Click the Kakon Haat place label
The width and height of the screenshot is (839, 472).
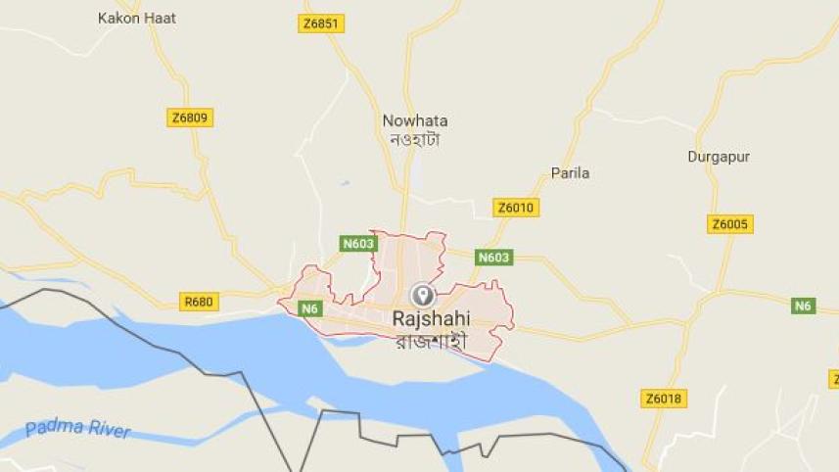pyautogui.click(x=137, y=18)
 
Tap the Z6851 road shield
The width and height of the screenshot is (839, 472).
pyautogui.click(x=321, y=24)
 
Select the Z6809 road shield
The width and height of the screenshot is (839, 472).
pyautogui.click(x=190, y=118)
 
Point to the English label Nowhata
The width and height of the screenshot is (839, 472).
pyautogui.click(x=415, y=120)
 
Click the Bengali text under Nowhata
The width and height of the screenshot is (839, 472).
pyautogui.click(x=415, y=139)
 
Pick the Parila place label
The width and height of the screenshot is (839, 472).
pyautogui.click(x=570, y=173)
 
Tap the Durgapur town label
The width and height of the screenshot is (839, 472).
pyautogui.click(x=719, y=156)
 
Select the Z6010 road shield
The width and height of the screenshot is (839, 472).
pyautogui.click(x=516, y=208)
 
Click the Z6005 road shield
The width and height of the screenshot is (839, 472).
pyautogui.click(x=729, y=224)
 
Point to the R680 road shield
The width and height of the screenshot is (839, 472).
pyautogui.click(x=199, y=302)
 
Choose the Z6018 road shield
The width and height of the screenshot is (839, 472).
pyautogui.click(x=664, y=399)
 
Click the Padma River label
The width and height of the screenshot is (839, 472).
pyautogui.click(x=77, y=429)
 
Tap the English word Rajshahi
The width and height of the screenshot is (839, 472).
pyautogui.click(x=431, y=318)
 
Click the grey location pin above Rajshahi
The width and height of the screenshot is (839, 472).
pyautogui.click(x=423, y=294)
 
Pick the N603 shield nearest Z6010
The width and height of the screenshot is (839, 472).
pyautogui.click(x=494, y=258)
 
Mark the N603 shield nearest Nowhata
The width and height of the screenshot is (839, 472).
pyautogui.click(x=357, y=242)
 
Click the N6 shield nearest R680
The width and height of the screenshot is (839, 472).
pyautogui.click(x=310, y=308)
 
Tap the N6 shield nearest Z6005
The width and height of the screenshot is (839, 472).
pyautogui.click(x=804, y=306)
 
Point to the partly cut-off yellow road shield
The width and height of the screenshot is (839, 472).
pyautogui.click(x=834, y=379)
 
